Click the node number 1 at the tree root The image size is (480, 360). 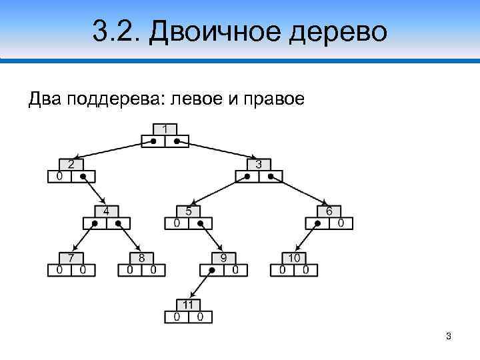tap(165, 129)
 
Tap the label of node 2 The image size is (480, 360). tap(71, 164)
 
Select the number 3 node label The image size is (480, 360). tap(259, 164)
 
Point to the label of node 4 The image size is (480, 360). tap(106, 211)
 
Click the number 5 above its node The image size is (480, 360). tap(189, 211)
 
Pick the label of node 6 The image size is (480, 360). tap(329, 211)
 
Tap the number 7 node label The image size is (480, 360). tap(71, 258)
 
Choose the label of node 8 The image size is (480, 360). tap(141, 258)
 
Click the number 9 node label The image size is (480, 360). tap(223, 258)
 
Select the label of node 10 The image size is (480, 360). tap(294, 258)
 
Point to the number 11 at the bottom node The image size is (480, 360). tap(189, 305)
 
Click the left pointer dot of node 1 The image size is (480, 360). tap(153, 141)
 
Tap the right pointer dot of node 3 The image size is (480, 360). tap(271, 177)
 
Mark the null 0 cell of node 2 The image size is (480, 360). tap(59, 177)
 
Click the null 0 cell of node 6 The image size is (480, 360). tap(341, 223)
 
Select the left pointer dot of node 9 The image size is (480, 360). tap(212, 271)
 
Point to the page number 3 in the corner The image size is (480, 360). tap(449, 336)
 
